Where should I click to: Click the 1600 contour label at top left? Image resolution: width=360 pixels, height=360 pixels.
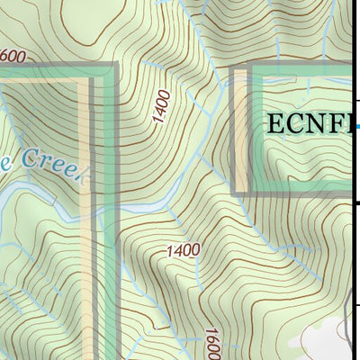(x=13, y=57)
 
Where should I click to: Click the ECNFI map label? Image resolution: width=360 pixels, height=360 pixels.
(x=306, y=124)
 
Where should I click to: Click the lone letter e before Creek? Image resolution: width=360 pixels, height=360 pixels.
(x=4, y=157)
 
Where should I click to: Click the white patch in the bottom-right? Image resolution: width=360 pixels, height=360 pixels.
(x=324, y=337)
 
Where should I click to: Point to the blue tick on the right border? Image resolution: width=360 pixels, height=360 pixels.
(x=357, y=127)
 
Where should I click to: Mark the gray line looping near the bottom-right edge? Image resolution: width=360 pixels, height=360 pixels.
(x=349, y=324)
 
